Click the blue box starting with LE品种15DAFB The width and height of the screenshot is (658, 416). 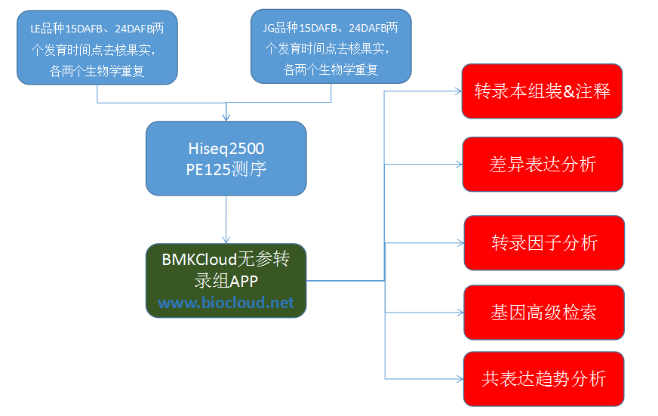pyautogui.click(x=97, y=47)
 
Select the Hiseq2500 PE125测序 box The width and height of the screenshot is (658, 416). pyautogui.click(x=226, y=157)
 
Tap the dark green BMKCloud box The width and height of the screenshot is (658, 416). pyautogui.click(x=226, y=280)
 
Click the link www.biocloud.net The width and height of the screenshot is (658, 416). pyautogui.click(x=226, y=304)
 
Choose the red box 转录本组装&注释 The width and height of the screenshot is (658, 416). pyautogui.click(x=542, y=91)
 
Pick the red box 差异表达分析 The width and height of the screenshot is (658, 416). pyautogui.click(x=542, y=164)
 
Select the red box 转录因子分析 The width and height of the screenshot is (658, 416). pyautogui.click(x=544, y=242)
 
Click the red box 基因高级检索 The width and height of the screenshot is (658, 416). pyautogui.click(x=543, y=312)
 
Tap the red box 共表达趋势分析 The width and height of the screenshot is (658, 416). pyautogui.click(x=543, y=378)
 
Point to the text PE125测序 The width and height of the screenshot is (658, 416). pyautogui.click(x=226, y=169)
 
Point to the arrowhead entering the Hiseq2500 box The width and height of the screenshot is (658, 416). pyautogui.click(x=226, y=117)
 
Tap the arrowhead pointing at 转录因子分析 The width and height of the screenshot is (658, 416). pyautogui.click(x=459, y=243)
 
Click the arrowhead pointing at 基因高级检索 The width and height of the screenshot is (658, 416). pyautogui.click(x=459, y=313)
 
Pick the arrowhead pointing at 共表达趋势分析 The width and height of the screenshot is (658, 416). pyautogui.click(x=459, y=378)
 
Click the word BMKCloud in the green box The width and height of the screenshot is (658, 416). pyautogui.click(x=199, y=260)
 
